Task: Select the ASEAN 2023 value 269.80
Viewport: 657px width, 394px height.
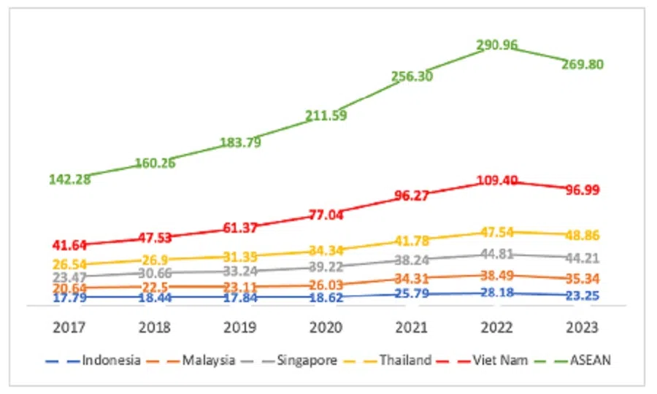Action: click(x=583, y=64)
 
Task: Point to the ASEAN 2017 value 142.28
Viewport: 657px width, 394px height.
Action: click(x=70, y=179)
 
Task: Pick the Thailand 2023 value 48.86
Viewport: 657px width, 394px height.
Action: click(x=583, y=236)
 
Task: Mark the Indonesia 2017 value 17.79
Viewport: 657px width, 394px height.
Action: click(x=70, y=297)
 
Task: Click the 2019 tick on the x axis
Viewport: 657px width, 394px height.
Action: click(x=240, y=327)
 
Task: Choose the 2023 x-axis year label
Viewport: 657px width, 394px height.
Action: click(x=583, y=327)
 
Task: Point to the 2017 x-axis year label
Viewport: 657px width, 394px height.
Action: click(x=70, y=327)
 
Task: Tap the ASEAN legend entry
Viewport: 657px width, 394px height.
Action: click(x=584, y=360)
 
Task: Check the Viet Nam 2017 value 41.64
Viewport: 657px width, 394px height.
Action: click(x=70, y=245)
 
